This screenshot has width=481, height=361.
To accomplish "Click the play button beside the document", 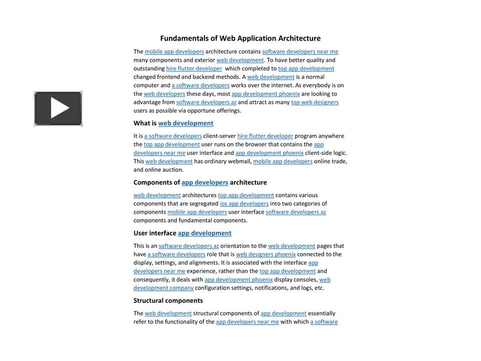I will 58,108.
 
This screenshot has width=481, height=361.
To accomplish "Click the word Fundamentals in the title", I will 181,38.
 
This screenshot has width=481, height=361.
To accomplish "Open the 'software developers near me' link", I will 300,52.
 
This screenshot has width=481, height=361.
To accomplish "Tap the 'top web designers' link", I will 315,102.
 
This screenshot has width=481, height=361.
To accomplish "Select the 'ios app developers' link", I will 244,204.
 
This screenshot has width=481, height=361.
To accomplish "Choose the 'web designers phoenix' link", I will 266,254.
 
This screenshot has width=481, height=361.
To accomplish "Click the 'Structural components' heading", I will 168,301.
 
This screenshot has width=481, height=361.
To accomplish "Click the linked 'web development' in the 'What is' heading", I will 185,123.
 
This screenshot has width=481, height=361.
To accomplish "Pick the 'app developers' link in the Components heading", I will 204,183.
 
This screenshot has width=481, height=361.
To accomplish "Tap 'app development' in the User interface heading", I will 204,233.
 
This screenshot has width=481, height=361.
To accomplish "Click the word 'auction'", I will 173,170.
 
